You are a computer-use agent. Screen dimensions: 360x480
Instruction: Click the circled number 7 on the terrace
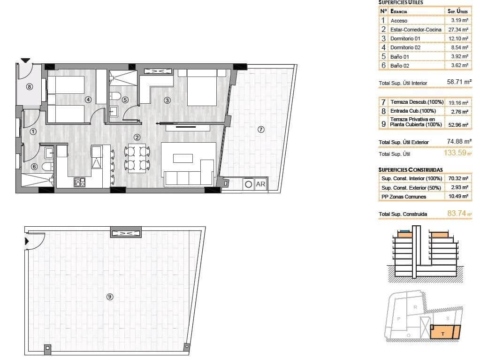[x=261, y=129]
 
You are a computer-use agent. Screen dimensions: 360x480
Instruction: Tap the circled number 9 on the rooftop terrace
[x=110, y=296]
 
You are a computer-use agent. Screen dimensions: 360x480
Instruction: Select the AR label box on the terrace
[x=260, y=184]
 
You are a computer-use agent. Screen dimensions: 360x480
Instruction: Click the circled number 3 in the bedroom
[x=167, y=100]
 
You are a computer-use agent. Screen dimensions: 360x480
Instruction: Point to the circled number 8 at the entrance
[x=30, y=86]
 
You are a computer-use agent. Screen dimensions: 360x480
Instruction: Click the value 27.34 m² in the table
[x=458, y=30]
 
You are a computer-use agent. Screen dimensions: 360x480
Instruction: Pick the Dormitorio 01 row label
[x=407, y=38]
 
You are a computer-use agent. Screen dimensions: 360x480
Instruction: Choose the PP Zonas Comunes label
[x=404, y=197]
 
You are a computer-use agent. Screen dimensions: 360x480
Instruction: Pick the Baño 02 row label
[x=400, y=66]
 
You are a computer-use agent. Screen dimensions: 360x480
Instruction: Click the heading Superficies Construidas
[x=411, y=169]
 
